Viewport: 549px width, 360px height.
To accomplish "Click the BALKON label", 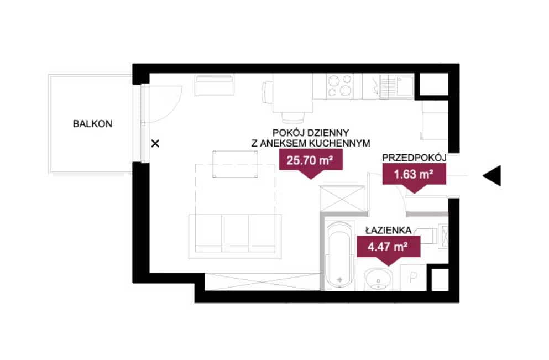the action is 92,124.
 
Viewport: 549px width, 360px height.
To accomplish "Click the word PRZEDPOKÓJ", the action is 414,158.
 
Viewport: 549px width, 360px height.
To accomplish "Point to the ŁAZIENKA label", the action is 388,230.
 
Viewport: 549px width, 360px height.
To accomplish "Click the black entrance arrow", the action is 492,175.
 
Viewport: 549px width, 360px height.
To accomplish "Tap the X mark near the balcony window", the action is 155,143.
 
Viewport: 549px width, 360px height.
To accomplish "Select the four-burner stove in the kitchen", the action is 339,86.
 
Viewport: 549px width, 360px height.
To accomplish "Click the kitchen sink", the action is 397,86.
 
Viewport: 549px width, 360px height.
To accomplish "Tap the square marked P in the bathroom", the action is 413,278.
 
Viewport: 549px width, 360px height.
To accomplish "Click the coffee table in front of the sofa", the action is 235,164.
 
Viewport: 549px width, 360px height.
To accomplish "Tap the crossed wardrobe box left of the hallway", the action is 342,199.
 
